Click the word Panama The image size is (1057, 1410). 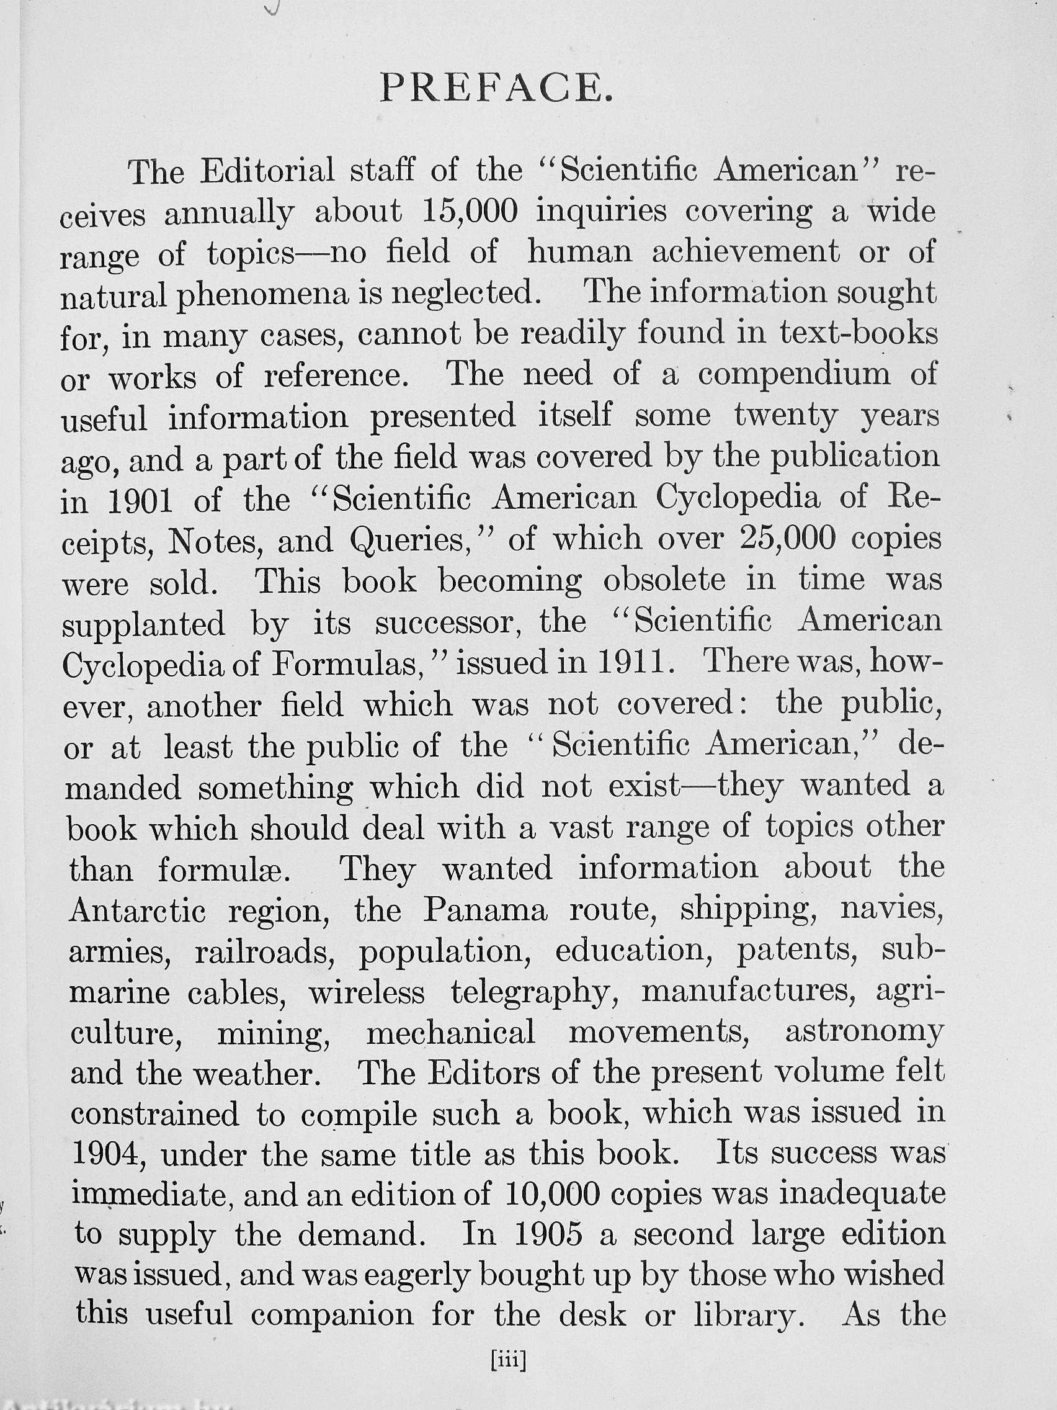(485, 910)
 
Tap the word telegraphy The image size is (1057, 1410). (534, 994)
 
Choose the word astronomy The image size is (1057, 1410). (864, 1035)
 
